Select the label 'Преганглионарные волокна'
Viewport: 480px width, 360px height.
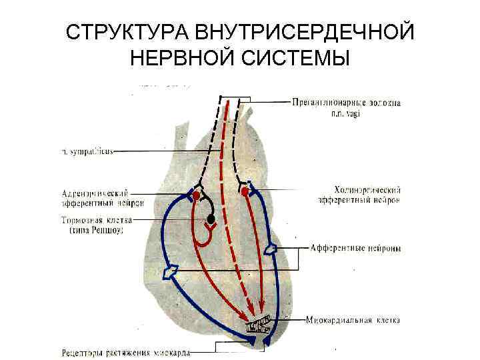tap(345, 103)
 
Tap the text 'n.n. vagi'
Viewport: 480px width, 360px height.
tap(347, 113)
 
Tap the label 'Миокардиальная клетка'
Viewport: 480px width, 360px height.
tap(353, 321)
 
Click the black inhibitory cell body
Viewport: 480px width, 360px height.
tap(211, 219)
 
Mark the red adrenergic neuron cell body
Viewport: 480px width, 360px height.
tap(197, 194)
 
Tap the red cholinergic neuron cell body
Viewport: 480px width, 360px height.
tap(245, 192)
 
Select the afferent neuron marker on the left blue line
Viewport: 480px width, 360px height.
tap(171, 271)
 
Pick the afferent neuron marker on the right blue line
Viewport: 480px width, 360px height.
tap(271, 249)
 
